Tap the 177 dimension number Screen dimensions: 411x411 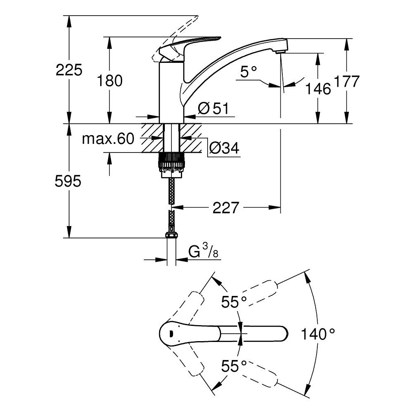(347, 81)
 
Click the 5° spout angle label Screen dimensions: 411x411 (248, 73)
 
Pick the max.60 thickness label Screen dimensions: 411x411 (108, 139)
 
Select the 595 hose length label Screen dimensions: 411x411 (68, 181)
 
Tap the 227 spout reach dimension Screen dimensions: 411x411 (225, 208)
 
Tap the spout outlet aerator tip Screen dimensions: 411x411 (280, 51)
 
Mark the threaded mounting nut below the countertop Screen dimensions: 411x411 (171, 164)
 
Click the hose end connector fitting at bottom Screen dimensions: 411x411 (171, 236)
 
